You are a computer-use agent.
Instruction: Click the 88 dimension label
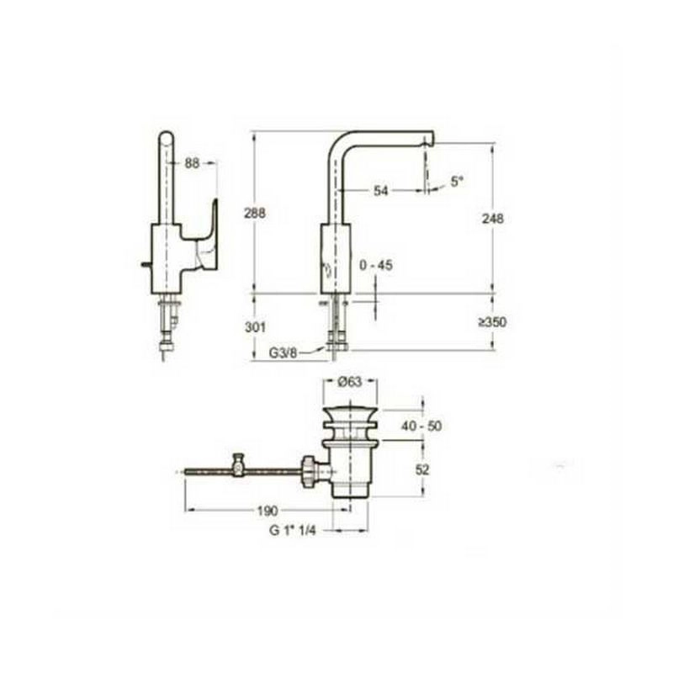[x=193, y=163]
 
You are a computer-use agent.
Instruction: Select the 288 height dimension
[x=255, y=213]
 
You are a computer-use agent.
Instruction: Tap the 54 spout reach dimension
[x=381, y=191]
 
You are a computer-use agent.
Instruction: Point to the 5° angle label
[x=457, y=181]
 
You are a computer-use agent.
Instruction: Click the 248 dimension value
[x=493, y=219]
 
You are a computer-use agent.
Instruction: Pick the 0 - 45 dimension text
[x=376, y=265]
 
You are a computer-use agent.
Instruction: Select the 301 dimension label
[x=255, y=327]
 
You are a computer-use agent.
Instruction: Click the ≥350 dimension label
[x=493, y=322]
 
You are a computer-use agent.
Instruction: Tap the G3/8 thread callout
[x=283, y=352]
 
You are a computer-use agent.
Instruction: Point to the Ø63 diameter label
[x=350, y=381]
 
